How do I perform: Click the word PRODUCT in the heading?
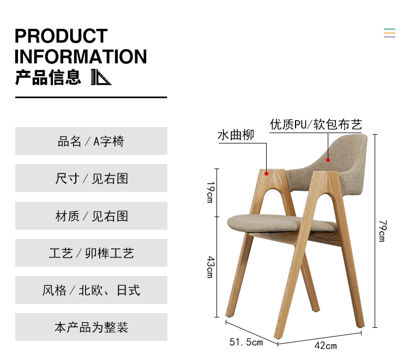point(61,36)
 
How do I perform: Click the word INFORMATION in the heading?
point(81,56)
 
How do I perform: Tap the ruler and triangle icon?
point(101,77)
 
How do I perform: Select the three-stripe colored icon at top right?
point(389,33)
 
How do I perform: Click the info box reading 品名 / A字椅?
point(91,141)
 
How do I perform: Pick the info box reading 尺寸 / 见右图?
point(91,178)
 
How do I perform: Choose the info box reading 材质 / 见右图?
point(91,216)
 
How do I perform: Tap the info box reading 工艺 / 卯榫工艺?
point(91,253)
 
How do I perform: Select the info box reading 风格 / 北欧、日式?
point(91,290)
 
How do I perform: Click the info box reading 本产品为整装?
point(91,327)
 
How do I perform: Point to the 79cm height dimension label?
point(383,231)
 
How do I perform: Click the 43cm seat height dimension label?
point(210,267)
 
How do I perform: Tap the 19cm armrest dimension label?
point(210,192)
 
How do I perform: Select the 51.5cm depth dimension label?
point(246,342)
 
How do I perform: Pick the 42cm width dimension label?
point(326,346)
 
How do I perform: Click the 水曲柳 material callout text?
point(236,135)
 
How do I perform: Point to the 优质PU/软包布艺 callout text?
point(316,124)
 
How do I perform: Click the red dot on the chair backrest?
point(328,160)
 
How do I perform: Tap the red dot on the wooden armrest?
point(266,173)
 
